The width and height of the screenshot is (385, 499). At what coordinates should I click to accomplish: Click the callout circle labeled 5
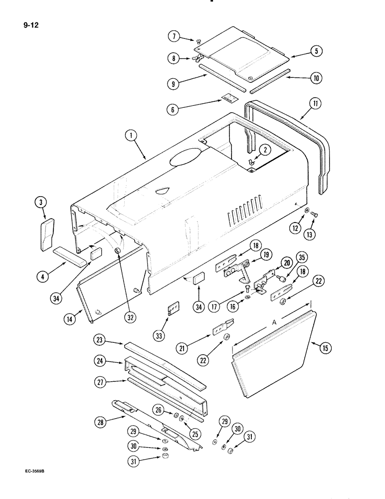pos(316,50)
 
